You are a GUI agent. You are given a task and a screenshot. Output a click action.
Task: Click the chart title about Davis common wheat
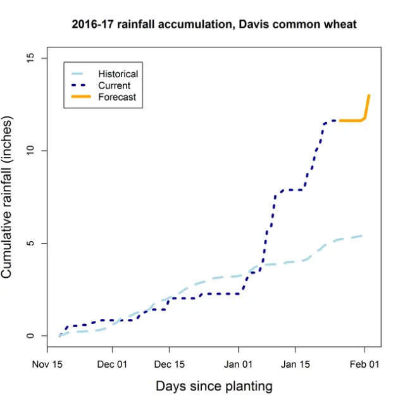pyautogui.click(x=215, y=25)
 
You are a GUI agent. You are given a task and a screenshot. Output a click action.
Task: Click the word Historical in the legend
pyautogui.click(x=118, y=74)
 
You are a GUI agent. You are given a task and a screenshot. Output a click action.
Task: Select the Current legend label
pyautogui.click(x=114, y=85)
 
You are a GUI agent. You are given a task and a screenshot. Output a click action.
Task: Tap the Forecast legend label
pyautogui.click(x=116, y=97)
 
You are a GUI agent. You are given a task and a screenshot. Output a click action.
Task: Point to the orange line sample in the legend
pyautogui.click(x=81, y=97)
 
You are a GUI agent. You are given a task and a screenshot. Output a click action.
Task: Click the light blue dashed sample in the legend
pyautogui.click(x=81, y=74)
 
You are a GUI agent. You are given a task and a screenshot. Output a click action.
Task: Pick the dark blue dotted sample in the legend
pyautogui.click(x=81, y=85)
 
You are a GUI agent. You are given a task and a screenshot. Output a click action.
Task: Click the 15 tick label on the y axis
pyautogui.click(x=27, y=58)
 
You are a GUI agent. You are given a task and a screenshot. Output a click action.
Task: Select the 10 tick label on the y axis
pyautogui.click(x=27, y=151)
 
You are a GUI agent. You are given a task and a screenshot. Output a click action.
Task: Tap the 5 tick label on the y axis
pyautogui.click(x=27, y=244)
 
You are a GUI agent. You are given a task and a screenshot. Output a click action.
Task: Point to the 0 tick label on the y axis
pyautogui.click(x=27, y=336)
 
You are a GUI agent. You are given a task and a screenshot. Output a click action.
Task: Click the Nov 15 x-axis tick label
pyautogui.click(x=47, y=364)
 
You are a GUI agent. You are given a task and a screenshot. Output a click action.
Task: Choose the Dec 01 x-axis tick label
pyautogui.click(x=113, y=364)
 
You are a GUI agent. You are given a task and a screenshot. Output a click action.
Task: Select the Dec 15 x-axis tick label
pyautogui.click(x=169, y=364)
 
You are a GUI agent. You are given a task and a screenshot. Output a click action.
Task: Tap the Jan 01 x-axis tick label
pyautogui.click(x=239, y=364)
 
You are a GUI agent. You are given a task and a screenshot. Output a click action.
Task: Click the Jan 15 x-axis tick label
pyautogui.click(x=295, y=364)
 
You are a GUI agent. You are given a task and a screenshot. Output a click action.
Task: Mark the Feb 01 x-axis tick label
pyautogui.click(x=364, y=364)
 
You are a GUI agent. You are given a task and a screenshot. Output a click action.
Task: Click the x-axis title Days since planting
pyautogui.click(x=214, y=386)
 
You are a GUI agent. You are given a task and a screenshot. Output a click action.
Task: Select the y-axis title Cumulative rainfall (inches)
pyautogui.click(x=8, y=197)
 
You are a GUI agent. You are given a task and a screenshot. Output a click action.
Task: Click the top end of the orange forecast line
pyautogui.click(x=369, y=96)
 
